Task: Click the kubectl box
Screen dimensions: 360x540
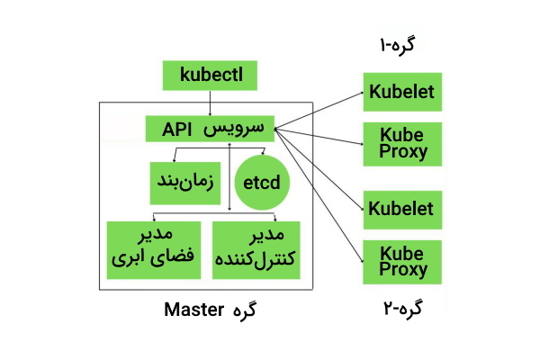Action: (x=211, y=75)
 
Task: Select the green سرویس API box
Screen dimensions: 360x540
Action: (x=210, y=128)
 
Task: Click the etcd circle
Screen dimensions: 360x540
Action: (x=262, y=184)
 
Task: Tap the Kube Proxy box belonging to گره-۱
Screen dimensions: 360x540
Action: (x=400, y=142)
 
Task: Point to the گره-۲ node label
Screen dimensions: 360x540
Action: (x=400, y=309)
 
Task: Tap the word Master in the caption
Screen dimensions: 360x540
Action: (x=193, y=310)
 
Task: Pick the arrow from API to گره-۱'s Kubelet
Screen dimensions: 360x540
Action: (x=319, y=109)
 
